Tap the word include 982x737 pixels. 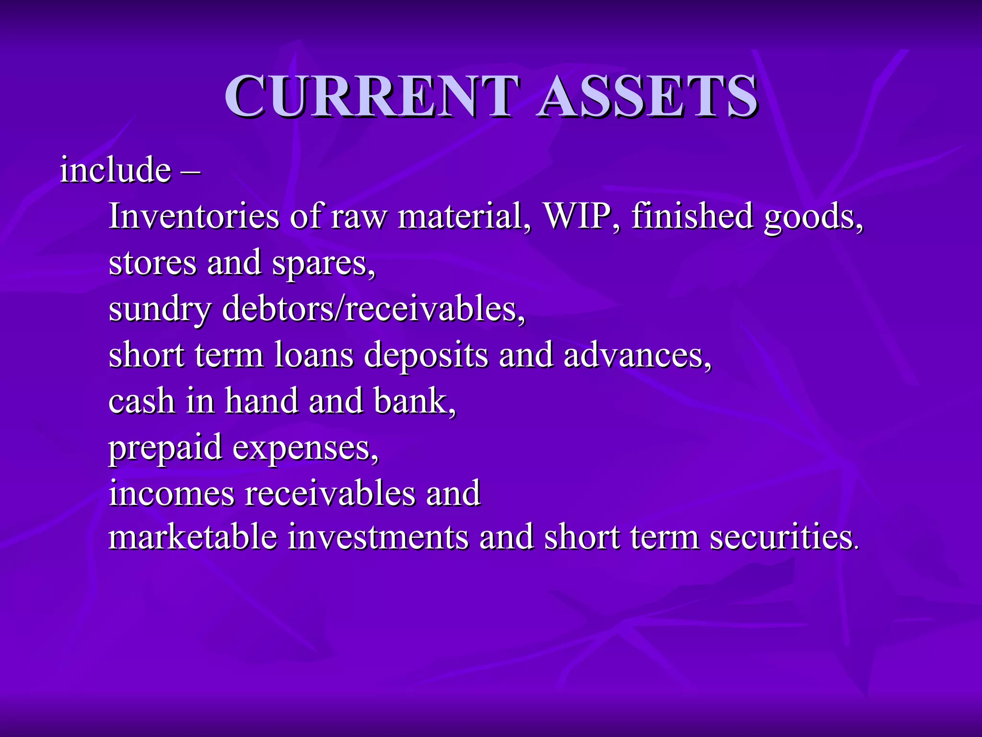[115, 170]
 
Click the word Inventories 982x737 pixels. [194, 216]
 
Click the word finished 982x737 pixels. [692, 216]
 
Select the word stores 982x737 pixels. [152, 263]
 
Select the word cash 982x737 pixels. [141, 401]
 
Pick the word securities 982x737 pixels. [783, 537]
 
